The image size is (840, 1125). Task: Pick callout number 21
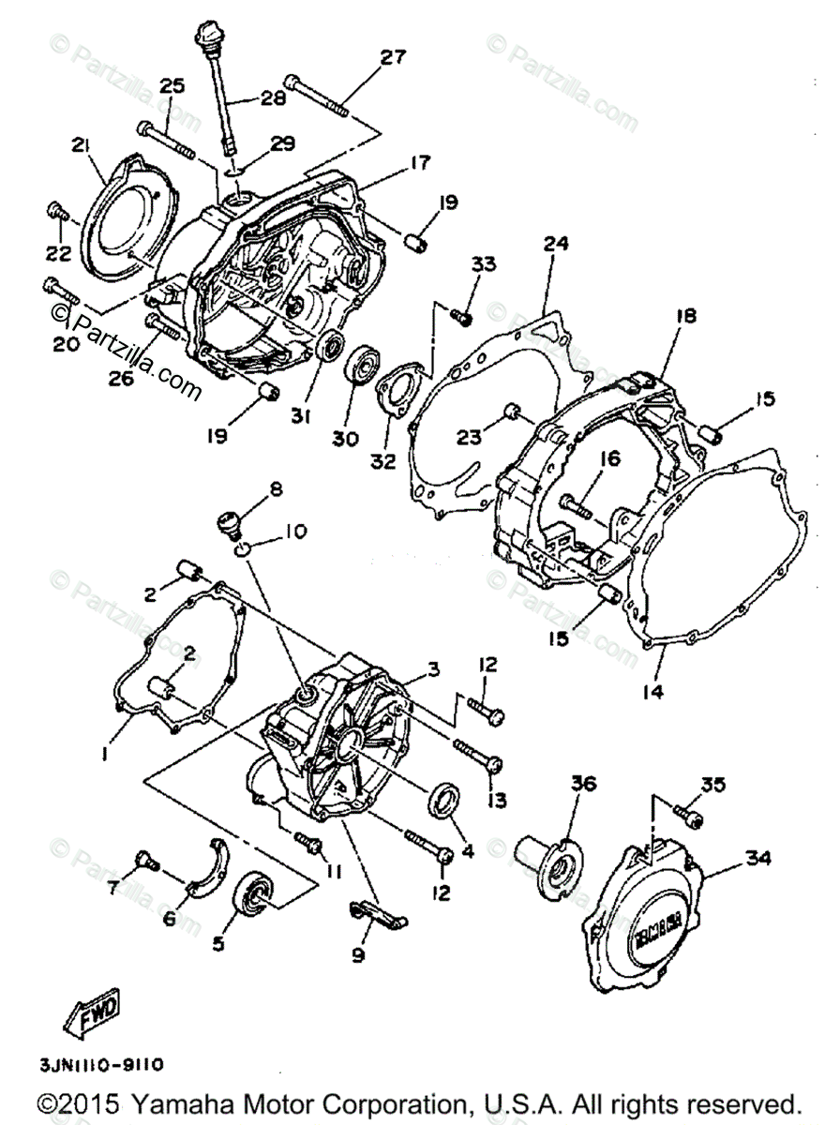point(81,145)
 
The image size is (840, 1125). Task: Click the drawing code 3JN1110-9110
point(103,1064)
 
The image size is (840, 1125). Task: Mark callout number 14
point(652,692)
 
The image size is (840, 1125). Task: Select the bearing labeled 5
point(253,889)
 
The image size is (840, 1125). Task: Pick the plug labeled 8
point(229,520)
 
